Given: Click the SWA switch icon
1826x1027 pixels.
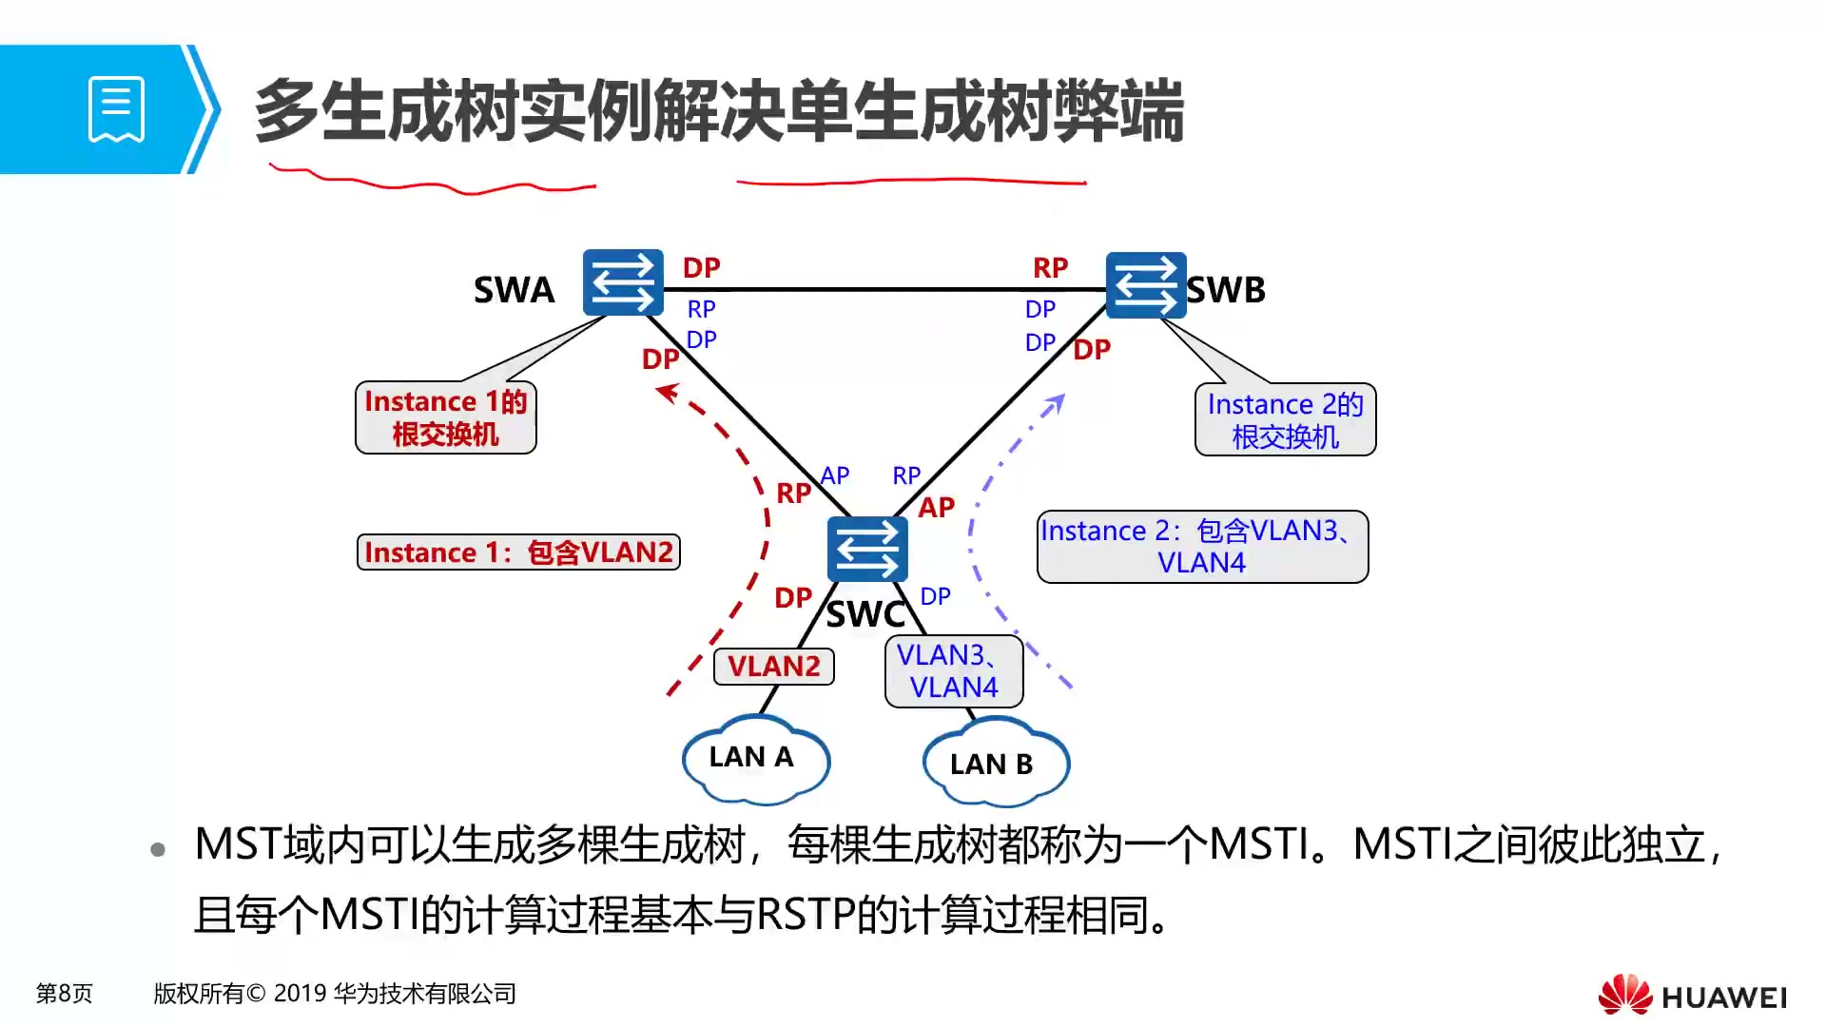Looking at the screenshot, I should (x=623, y=282).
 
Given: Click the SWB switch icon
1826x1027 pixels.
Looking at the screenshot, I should (x=1146, y=284).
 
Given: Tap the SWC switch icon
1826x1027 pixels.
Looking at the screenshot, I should (x=866, y=549).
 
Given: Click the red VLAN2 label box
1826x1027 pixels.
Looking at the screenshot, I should (x=773, y=666).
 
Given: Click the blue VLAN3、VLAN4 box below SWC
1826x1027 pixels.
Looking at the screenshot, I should (x=953, y=671).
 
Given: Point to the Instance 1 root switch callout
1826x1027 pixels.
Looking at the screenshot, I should (x=445, y=417).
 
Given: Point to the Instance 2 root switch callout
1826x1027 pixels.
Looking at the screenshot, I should (x=1285, y=419).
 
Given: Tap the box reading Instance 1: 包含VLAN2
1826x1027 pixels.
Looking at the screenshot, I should (x=518, y=552).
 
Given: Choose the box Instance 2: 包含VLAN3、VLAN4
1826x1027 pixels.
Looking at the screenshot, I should (x=1202, y=547).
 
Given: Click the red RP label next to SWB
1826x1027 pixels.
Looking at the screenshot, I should (x=1050, y=268).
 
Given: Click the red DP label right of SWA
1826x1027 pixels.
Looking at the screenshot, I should (x=701, y=268).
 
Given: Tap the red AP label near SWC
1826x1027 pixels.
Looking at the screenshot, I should (x=936, y=508).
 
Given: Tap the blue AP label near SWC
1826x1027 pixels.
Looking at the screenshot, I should (x=834, y=475).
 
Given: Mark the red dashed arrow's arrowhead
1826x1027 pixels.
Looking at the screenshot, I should (x=669, y=392).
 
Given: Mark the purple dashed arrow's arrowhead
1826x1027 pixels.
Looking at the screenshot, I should (x=1055, y=403).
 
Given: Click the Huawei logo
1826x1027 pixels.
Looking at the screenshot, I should (x=1692, y=995).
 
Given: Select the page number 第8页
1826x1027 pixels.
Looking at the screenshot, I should (x=64, y=994).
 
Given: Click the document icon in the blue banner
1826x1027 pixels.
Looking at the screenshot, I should (x=116, y=108).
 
